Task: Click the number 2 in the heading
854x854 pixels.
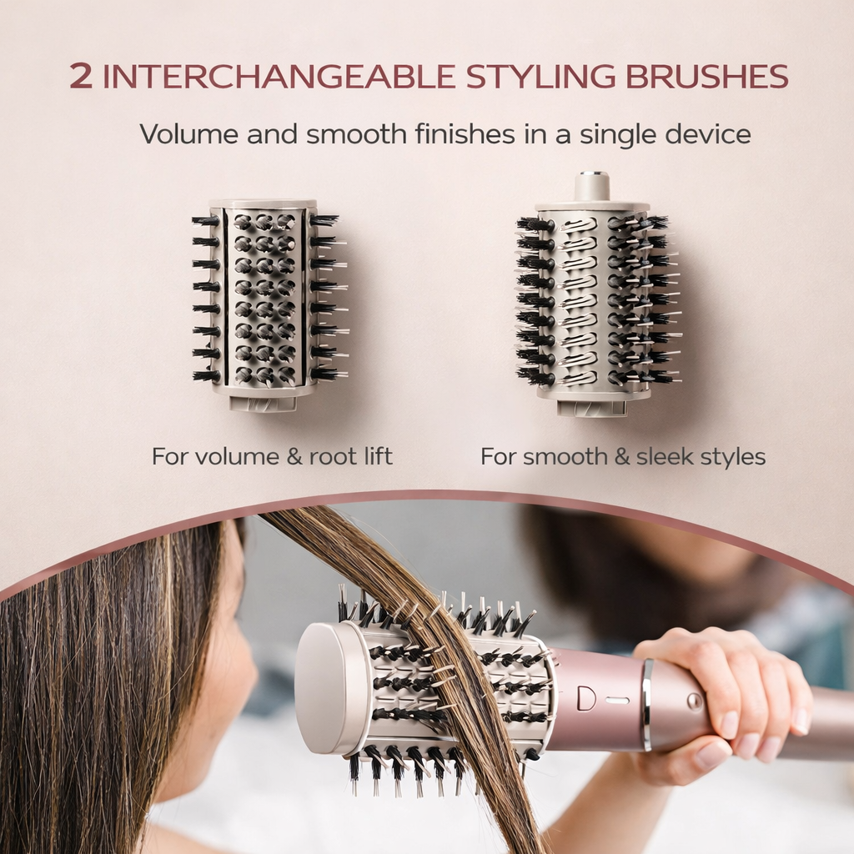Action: pos(81,76)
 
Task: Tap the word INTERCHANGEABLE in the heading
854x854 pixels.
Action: pos(278,76)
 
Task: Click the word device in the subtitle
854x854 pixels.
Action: pos(711,133)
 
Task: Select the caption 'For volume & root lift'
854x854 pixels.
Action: pos(272,456)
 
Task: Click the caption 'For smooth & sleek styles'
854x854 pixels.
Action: pos(622,456)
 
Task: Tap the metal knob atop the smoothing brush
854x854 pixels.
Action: pos(592,184)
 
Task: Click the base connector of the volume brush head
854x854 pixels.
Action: pos(263,404)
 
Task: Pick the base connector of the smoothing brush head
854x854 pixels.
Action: pos(591,408)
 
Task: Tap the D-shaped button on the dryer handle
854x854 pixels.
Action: pos(586,698)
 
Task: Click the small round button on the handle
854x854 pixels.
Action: pos(694,701)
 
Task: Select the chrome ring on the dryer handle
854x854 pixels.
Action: pos(646,705)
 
